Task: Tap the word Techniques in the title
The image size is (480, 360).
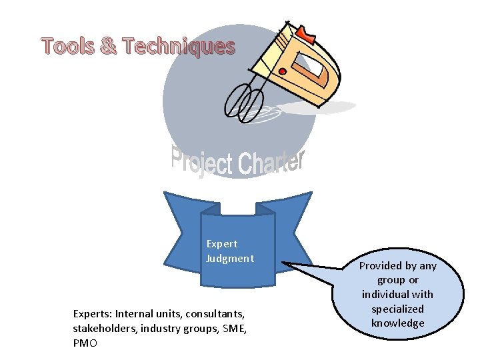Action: pyautogui.click(x=179, y=47)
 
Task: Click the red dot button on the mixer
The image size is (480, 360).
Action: pyautogui.click(x=282, y=71)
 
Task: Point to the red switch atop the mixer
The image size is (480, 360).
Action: pyautogui.click(x=305, y=33)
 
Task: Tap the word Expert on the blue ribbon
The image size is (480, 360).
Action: pyautogui.click(x=222, y=244)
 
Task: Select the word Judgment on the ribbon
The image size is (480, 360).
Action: pyautogui.click(x=230, y=258)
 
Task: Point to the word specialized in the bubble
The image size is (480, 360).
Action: pyautogui.click(x=397, y=309)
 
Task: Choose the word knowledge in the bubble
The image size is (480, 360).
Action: pyautogui.click(x=397, y=323)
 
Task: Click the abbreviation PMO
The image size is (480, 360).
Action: pyautogui.click(x=85, y=343)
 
